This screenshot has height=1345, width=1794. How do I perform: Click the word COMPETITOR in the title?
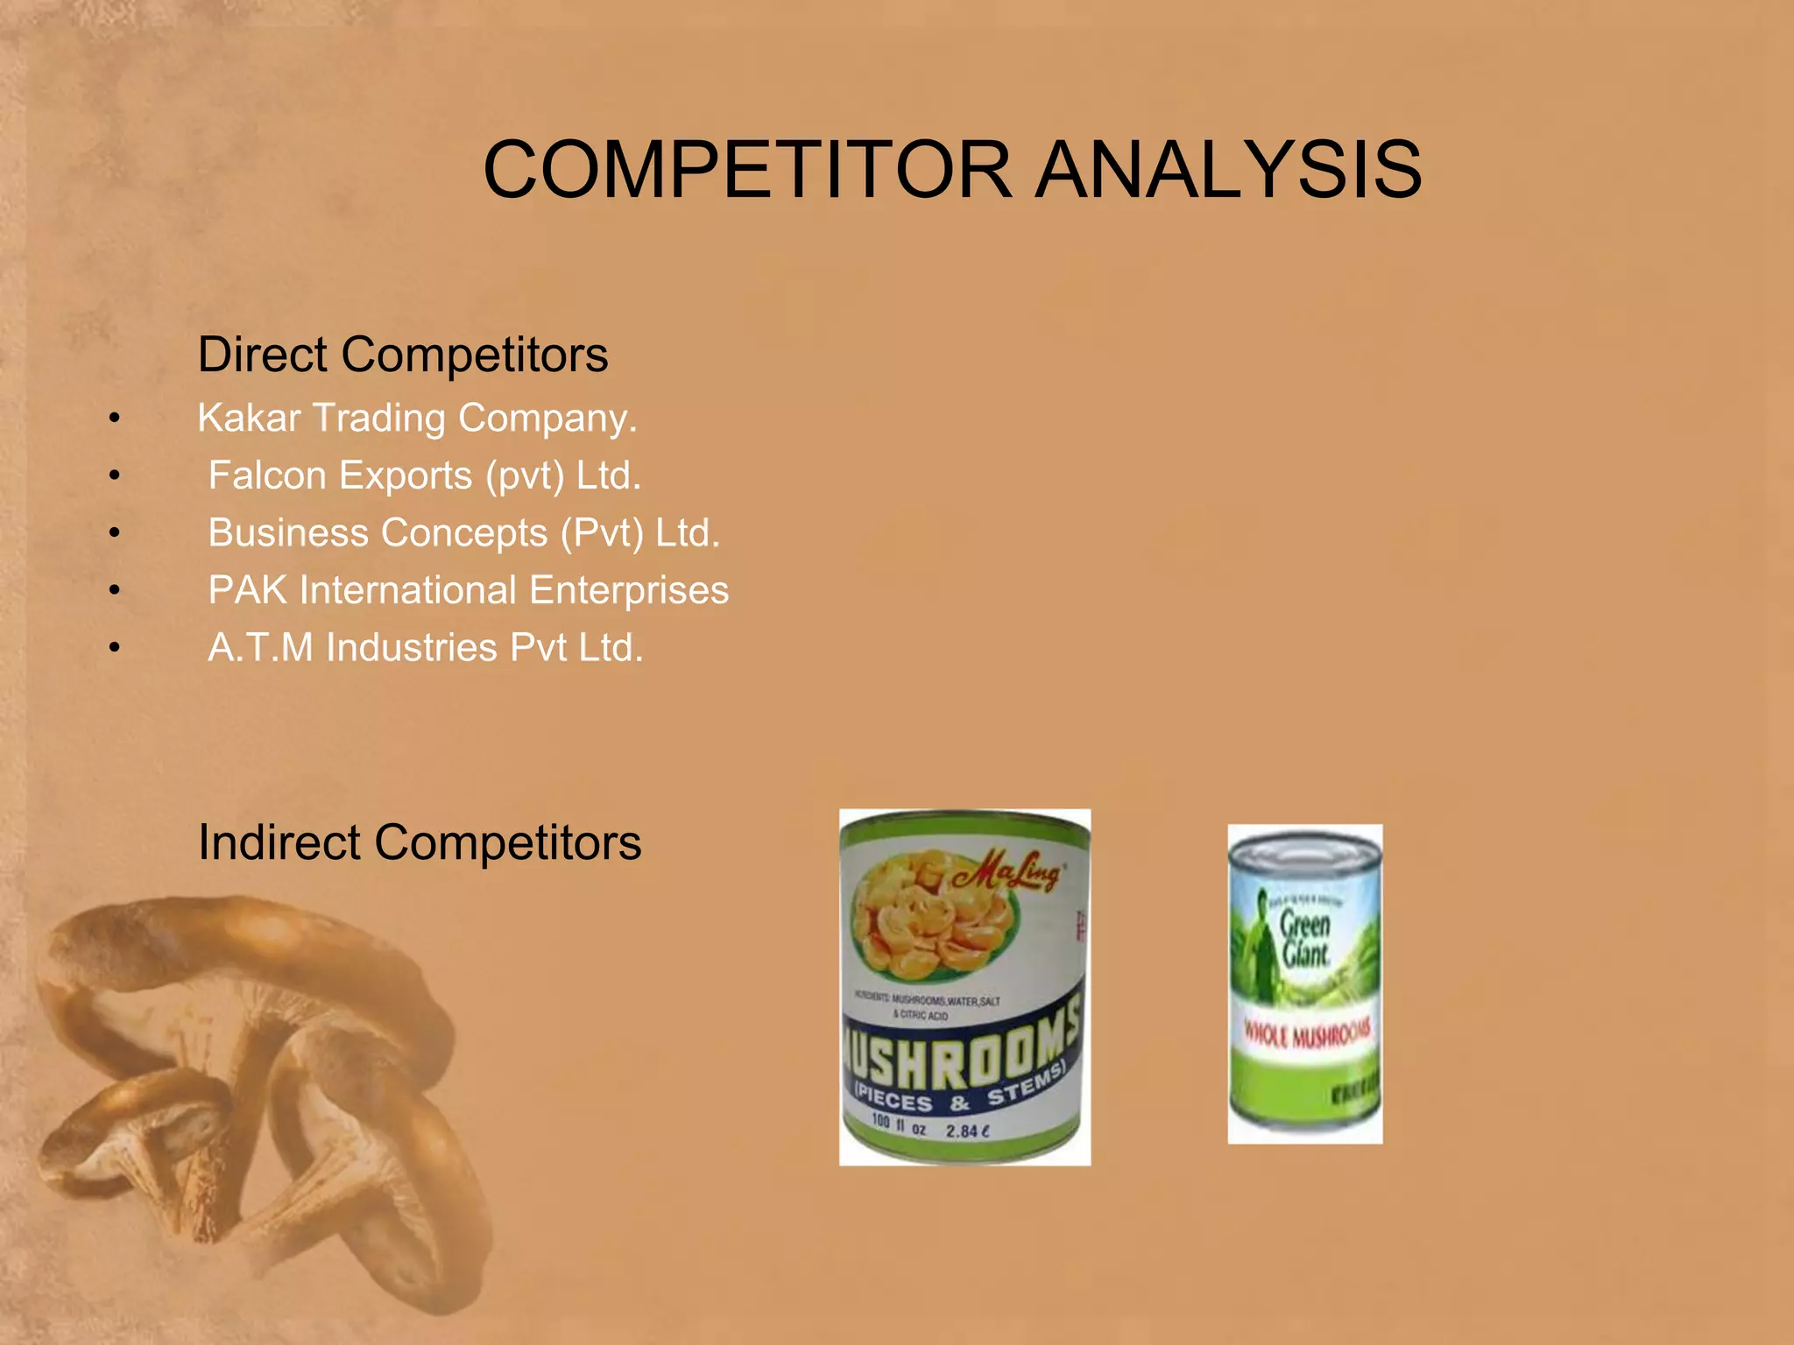coord(747,170)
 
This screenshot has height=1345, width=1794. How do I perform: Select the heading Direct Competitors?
coord(402,355)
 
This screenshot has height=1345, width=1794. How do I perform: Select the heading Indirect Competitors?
coord(419,842)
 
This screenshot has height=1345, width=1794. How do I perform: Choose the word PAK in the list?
coord(247,590)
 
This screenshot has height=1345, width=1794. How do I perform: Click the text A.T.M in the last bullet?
coord(259,648)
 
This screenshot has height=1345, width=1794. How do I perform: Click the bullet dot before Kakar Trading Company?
coord(114,419)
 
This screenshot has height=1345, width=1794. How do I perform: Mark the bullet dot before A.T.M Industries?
coord(114,649)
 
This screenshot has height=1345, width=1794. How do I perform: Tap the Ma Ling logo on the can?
coord(1007,871)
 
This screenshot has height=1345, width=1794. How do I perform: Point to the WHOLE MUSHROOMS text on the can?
coord(1307,1035)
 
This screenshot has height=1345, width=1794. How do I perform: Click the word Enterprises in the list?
coord(628,590)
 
